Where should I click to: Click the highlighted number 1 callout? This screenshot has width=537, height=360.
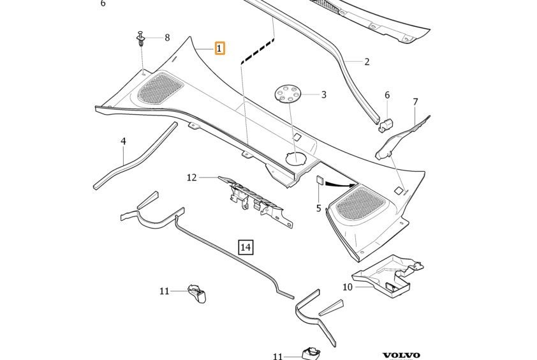tap(219, 49)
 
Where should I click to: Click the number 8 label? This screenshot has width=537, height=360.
tap(167, 38)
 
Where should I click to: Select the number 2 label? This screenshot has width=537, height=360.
tap(367, 62)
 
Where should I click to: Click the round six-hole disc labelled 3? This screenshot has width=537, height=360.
tap(288, 94)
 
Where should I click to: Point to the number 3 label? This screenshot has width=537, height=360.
tap(323, 94)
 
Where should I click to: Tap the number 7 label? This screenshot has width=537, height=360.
tap(415, 102)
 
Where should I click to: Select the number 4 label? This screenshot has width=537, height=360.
tap(123, 141)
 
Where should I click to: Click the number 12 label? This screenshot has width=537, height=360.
tap(192, 177)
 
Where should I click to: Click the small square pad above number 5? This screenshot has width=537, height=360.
tap(320, 181)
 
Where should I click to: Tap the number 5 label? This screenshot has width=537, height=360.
tap(318, 208)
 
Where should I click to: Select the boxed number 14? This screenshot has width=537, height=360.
tap(246, 247)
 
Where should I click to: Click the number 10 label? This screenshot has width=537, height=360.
tap(348, 287)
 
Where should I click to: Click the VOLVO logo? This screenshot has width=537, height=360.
tap(401, 355)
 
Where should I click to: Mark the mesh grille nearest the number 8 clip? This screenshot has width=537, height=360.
tap(160, 88)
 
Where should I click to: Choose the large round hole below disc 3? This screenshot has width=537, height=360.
tap(296, 158)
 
